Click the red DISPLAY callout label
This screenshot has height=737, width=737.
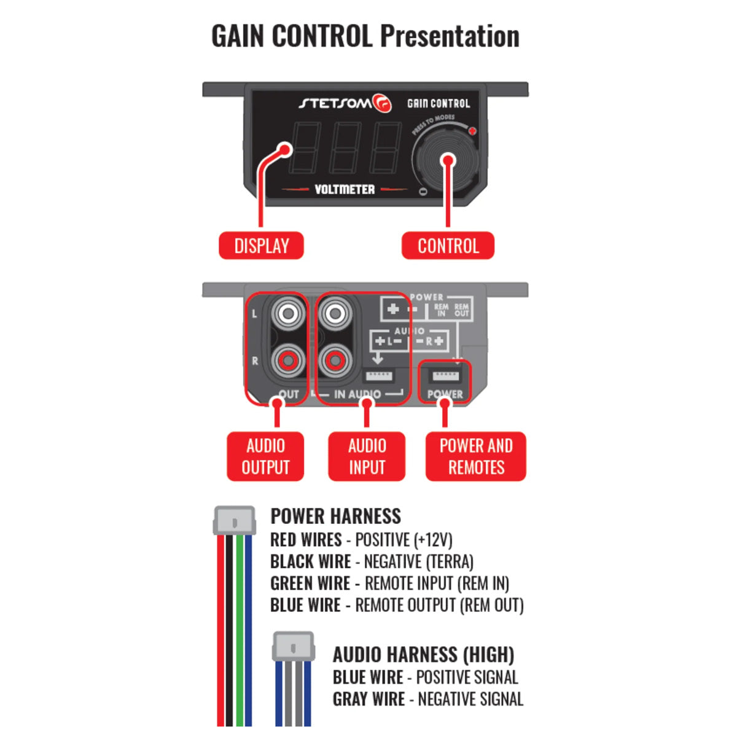pyautogui.click(x=261, y=246)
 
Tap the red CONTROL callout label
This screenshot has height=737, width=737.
pyautogui.click(x=448, y=246)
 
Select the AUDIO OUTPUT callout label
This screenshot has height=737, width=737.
pyautogui.click(x=265, y=456)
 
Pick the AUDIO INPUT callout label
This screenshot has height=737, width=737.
pyautogui.click(x=367, y=456)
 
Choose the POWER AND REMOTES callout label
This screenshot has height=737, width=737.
pyautogui.click(x=476, y=456)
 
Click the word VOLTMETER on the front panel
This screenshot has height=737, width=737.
pyautogui.click(x=345, y=190)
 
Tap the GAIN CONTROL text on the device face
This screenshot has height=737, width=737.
pyautogui.click(x=439, y=104)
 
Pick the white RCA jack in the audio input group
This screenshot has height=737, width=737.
pyautogui.click(x=335, y=314)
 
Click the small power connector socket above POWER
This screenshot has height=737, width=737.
pyautogui.click(x=445, y=375)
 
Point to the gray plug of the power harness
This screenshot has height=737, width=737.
pyautogui.click(x=234, y=521)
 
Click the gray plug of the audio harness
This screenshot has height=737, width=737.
pyautogui.click(x=294, y=647)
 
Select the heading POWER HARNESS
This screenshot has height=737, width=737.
pyautogui.click(x=335, y=516)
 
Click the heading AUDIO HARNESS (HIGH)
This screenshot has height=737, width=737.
pyautogui.click(x=423, y=655)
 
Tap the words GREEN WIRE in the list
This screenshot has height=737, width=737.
pyautogui.click(x=310, y=583)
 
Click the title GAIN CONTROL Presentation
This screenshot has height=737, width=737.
pyautogui.click(x=365, y=36)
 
